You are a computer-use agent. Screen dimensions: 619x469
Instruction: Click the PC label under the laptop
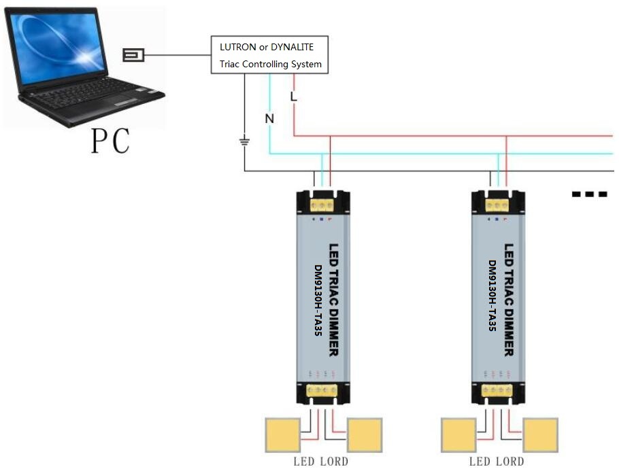coord(110,141)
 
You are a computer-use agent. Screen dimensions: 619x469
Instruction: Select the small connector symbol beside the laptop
coord(133,55)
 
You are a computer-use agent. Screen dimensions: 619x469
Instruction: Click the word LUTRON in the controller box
coord(237,47)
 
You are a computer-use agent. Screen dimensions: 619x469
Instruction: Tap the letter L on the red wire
coord(293,97)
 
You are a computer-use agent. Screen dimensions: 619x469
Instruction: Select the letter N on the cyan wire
coord(269,118)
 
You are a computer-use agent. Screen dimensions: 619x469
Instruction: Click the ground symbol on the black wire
coord(245,141)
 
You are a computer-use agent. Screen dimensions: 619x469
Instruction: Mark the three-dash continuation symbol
coord(589,194)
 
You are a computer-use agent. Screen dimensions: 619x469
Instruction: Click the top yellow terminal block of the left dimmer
coord(322,205)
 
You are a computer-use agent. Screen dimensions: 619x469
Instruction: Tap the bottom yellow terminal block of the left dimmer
coord(322,391)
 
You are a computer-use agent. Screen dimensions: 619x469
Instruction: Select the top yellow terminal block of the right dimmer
coord(497,205)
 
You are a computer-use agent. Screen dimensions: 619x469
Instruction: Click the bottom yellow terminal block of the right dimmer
coord(497,391)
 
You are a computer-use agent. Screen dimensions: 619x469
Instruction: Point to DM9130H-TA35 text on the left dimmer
coord(318,300)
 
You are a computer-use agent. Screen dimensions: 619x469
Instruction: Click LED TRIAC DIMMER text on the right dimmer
coord(509,300)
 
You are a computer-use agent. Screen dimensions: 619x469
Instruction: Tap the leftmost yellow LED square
coord(283,435)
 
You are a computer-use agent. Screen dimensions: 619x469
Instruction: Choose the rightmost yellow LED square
coord(541,435)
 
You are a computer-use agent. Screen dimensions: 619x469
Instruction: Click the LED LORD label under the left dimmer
coord(321,462)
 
